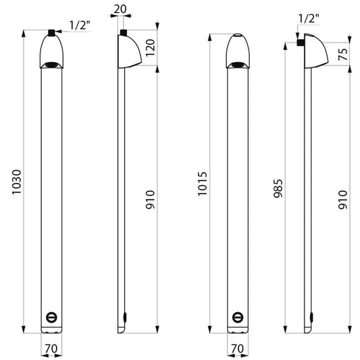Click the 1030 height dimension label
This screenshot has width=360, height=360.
(16, 182)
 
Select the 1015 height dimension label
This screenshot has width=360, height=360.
(202, 184)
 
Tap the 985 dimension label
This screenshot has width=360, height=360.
(278, 188)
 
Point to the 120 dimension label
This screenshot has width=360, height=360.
(151, 47)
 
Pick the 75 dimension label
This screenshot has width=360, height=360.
(343, 54)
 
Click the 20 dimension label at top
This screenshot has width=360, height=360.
(120, 9)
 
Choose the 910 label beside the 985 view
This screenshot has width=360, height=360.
(342, 199)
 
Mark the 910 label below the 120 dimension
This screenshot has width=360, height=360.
(151, 199)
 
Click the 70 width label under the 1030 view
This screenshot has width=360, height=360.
(51, 349)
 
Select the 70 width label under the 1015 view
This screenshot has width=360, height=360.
(237, 349)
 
